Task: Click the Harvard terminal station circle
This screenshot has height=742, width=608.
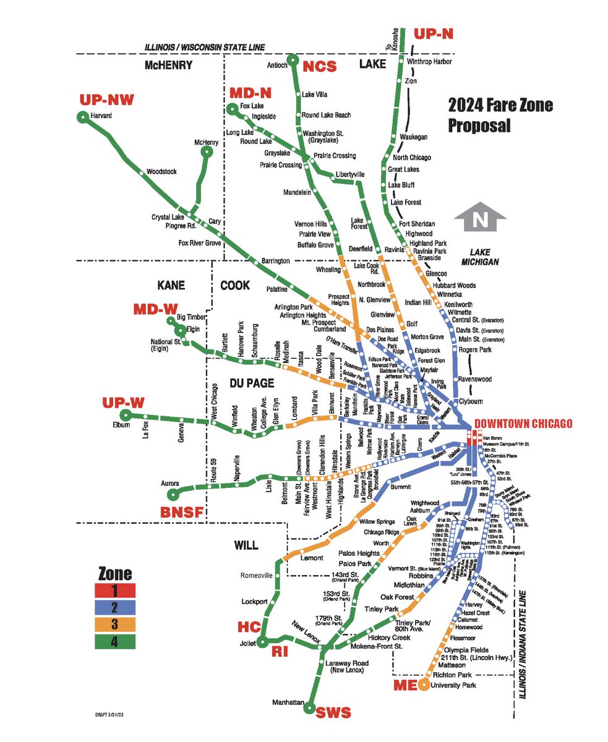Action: click(82, 117)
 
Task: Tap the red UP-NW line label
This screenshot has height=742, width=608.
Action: click(106, 100)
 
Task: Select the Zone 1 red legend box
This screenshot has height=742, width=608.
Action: click(116, 590)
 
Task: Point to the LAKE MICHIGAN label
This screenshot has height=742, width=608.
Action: click(484, 258)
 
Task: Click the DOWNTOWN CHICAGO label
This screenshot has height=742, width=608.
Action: click(523, 424)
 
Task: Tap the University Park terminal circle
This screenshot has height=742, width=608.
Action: click(423, 684)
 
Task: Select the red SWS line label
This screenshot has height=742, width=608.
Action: click(334, 713)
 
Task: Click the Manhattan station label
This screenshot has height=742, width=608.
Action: click(288, 703)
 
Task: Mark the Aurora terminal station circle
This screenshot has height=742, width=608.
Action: click(174, 493)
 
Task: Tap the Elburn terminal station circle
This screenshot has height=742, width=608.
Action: click(126, 415)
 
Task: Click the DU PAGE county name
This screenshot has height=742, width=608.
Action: click(251, 383)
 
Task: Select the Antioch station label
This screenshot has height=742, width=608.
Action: click(276, 65)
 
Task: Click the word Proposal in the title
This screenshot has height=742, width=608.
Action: click(479, 126)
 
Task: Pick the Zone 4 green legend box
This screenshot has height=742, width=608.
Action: click(116, 642)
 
